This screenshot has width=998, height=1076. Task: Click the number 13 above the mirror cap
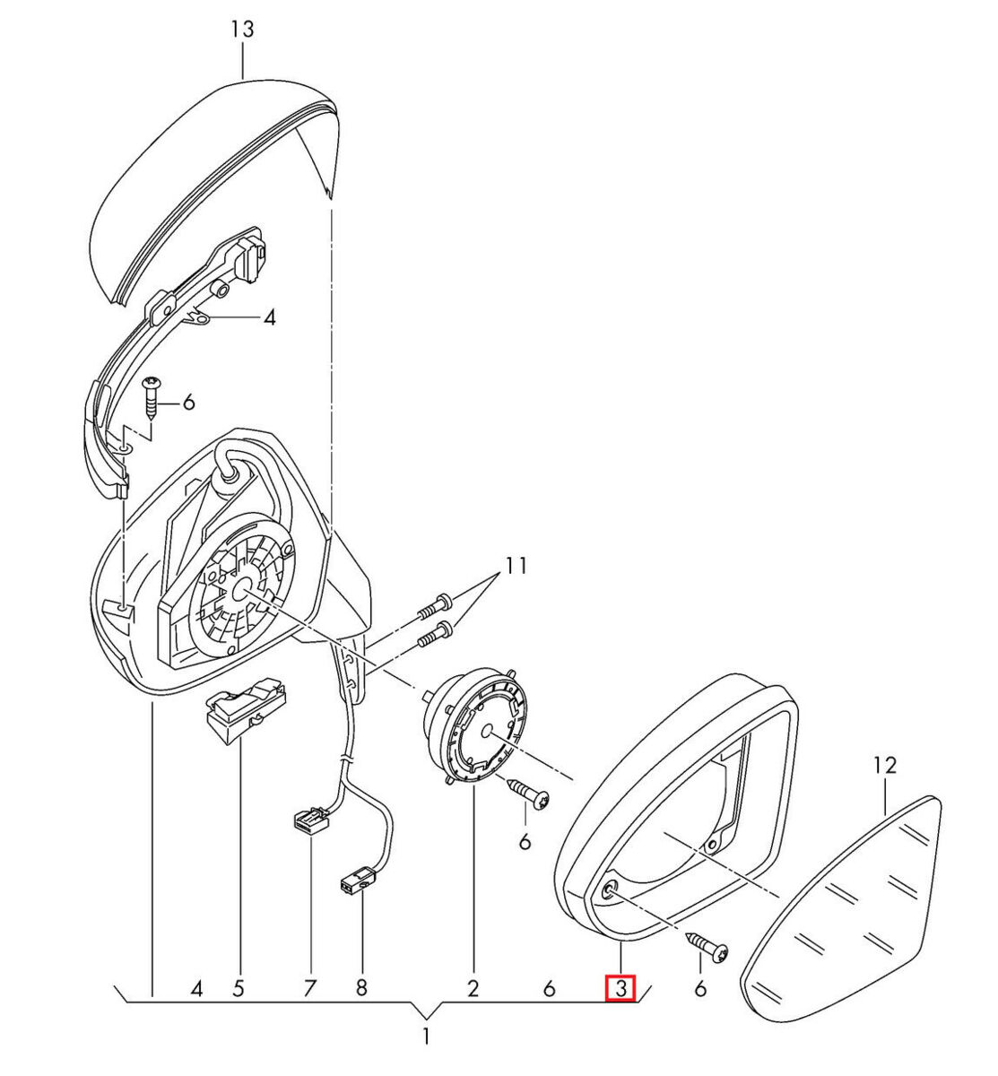point(242,30)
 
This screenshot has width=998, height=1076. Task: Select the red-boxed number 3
point(620,988)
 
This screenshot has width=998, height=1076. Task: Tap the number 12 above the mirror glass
point(884,765)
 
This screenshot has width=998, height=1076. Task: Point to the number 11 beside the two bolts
point(516,566)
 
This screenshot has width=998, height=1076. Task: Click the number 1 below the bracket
point(426,1037)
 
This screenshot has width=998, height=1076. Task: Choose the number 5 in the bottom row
point(239,989)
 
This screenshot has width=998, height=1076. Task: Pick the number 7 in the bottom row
point(309,989)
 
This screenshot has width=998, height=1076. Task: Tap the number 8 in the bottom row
point(361,989)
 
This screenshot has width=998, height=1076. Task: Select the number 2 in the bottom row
point(473,989)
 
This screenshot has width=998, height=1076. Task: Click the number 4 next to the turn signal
point(269,317)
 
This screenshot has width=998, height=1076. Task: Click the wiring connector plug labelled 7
point(308,820)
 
